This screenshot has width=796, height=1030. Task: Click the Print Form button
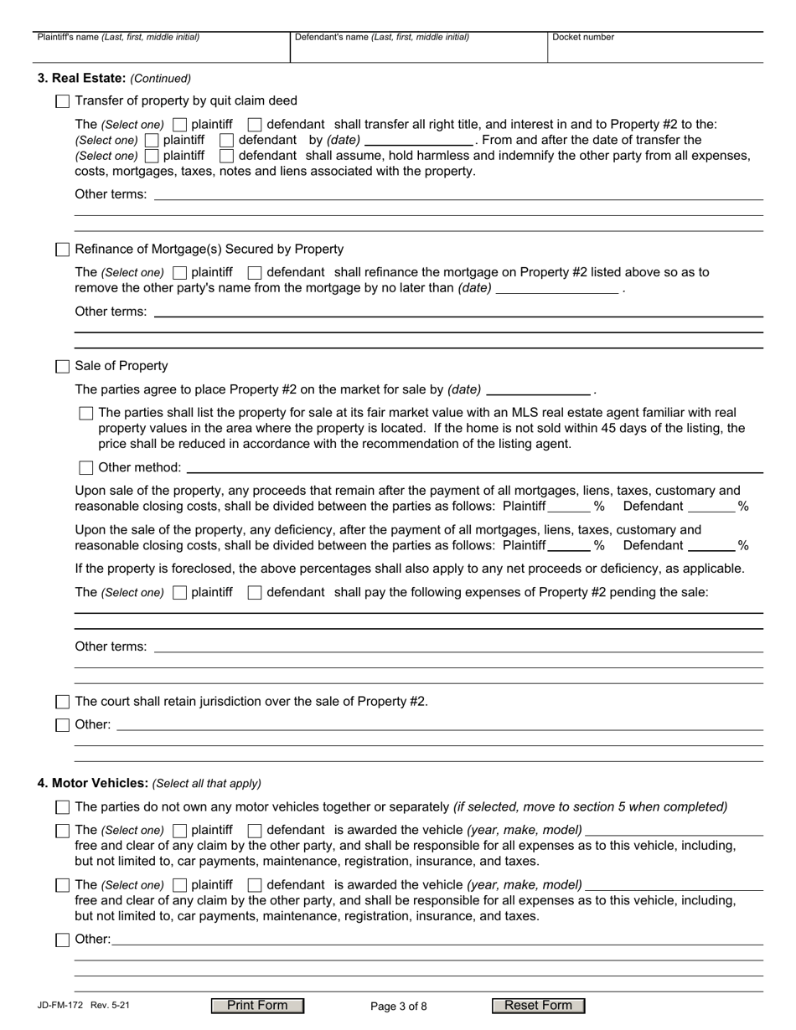coord(257,1006)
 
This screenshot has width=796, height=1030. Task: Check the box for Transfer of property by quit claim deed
coord(62,101)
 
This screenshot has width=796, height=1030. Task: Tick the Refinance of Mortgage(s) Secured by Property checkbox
coord(62,250)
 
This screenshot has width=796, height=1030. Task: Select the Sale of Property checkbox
coord(62,367)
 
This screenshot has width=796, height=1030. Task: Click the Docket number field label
coord(583,38)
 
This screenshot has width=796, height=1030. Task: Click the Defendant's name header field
coord(418,50)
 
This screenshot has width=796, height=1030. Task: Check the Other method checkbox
coord(85,467)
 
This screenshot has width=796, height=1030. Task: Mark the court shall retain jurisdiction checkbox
coord(62,702)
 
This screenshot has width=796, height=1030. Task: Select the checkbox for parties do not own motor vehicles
coord(62,807)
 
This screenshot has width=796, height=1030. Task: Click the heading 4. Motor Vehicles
coord(92,784)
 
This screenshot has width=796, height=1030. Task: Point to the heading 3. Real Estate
coord(81,79)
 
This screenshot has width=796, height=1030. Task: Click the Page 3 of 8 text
coord(398,1007)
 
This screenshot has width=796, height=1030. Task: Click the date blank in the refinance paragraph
coord(557,288)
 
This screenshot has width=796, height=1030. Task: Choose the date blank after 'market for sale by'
coord(538,389)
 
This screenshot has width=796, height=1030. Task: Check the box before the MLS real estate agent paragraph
coord(85,413)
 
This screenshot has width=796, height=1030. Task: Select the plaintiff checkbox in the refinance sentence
coord(179,273)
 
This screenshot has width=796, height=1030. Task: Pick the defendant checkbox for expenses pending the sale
coord(255,593)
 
